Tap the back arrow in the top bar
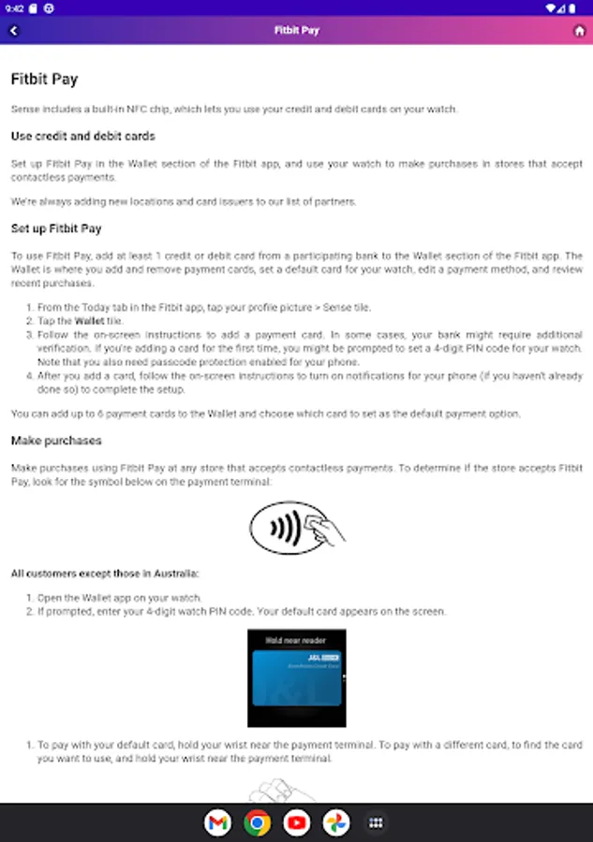14,31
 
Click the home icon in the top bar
579,31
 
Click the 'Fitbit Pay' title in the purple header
296,31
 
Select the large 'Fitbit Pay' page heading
44,80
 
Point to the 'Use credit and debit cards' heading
82,137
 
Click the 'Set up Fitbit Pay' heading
56,228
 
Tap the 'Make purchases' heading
56,441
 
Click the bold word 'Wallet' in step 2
91,321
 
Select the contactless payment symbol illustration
296,528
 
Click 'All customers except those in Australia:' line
105,573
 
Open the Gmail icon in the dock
217,822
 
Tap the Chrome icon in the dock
257,822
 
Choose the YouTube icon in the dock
297,822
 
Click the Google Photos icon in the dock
336,822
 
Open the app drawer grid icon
376,822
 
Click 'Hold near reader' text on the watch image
296,640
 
